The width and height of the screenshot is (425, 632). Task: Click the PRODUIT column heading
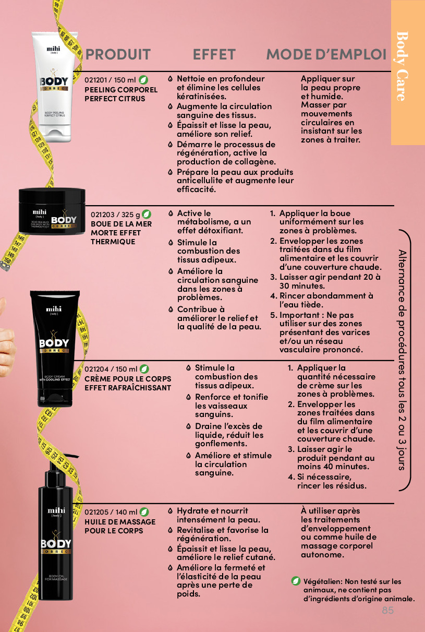[x=118, y=54]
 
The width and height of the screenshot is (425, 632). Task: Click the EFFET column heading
[x=214, y=54]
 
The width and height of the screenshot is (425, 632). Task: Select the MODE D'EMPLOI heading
[x=326, y=54]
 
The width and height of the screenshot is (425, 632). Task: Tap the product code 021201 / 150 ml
[x=110, y=80]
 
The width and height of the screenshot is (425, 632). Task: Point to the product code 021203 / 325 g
[x=115, y=214]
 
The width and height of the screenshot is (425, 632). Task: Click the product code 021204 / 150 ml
[x=111, y=369]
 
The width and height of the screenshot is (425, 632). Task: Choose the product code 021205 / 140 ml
[x=111, y=512]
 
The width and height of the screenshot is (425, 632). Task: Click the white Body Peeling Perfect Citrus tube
[x=54, y=87]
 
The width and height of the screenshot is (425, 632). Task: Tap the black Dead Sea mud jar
[x=52, y=211]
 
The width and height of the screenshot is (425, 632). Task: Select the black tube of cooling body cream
[x=55, y=349]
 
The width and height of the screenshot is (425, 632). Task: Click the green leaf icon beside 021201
[x=143, y=80]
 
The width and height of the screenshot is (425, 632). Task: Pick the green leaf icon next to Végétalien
[x=296, y=581]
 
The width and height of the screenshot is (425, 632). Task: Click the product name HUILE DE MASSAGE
[x=120, y=522]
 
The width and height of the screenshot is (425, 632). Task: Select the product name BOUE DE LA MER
[x=121, y=224]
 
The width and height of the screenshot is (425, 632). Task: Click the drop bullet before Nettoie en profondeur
[x=170, y=79]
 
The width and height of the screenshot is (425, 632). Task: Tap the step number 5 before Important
[x=273, y=315]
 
